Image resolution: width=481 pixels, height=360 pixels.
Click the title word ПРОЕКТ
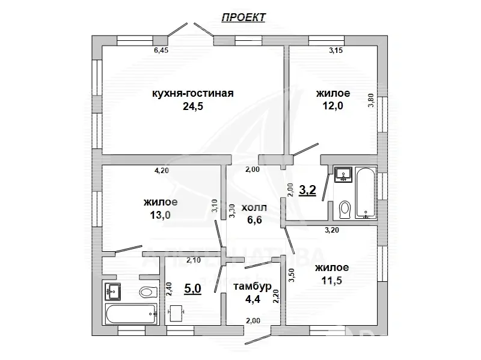pos(243,17)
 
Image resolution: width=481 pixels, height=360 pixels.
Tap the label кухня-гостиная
pos(192,93)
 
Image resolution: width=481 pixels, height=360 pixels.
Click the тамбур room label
pos(253,285)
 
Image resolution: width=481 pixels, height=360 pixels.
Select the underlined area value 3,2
pos(308,191)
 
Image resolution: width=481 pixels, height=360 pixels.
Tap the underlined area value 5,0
pos(192,288)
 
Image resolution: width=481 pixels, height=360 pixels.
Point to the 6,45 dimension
pos(161,51)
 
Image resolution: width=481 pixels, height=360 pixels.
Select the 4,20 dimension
pos(161,171)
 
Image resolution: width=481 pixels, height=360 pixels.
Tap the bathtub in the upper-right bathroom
pos(365,192)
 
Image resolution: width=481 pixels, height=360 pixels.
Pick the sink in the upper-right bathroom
pos(343,174)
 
